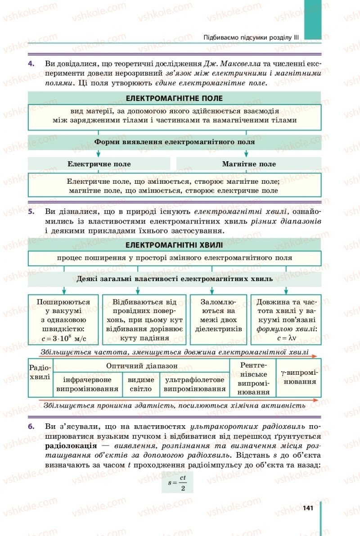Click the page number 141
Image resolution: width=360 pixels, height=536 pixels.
click(308, 508)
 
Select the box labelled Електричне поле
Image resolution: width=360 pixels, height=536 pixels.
click(99, 164)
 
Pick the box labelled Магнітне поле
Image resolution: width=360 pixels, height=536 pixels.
click(249, 164)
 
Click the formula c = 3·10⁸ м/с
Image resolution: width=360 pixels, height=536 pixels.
click(63, 338)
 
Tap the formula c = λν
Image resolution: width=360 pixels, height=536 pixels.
click(285, 338)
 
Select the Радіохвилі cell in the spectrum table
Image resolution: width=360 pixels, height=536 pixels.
click(40, 372)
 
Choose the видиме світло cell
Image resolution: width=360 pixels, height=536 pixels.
click(140, 384)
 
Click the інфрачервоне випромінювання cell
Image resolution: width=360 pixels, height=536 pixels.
click(87, 384)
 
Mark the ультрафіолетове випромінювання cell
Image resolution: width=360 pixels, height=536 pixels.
click(194, 384)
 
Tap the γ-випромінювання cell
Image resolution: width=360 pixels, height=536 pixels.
click(298, 377)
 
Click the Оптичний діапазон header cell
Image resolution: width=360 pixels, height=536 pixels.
click(141, 366)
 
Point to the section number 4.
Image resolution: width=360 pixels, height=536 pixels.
click(31, 64)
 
